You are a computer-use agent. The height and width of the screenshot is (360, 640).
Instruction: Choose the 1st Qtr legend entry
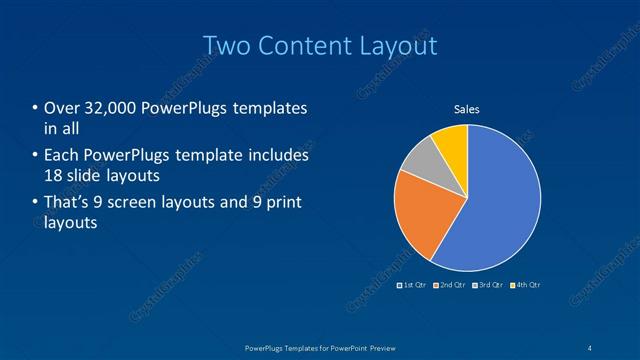413,285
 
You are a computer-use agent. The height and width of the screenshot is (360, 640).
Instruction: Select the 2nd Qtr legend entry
450,285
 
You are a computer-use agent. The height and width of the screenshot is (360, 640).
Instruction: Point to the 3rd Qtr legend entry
488,285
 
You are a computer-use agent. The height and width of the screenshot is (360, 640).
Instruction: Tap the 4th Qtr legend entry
525,285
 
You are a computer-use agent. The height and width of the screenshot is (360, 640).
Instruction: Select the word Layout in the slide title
399,45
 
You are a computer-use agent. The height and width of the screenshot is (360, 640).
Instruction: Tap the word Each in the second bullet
62,156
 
